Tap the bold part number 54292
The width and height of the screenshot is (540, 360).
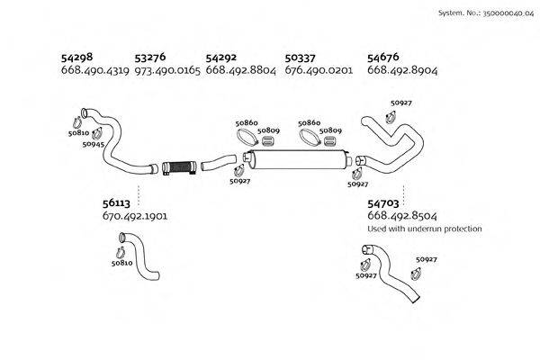pyautogui.click(x=222, y=58)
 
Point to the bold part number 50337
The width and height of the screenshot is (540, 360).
pyautogui.click(x=302, y=58)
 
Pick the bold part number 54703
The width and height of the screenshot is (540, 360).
pyautogui.click(x=385, y=204)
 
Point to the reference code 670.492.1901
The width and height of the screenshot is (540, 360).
pyautogui.click(x=136, y=217)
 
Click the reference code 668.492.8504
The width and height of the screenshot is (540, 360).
pyautogui.click(x=402, y=217)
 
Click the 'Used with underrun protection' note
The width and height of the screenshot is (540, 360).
pyautogui.click(x=425, y=229)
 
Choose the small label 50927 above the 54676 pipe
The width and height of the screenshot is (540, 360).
pyautogui.click(x=401, y=103)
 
